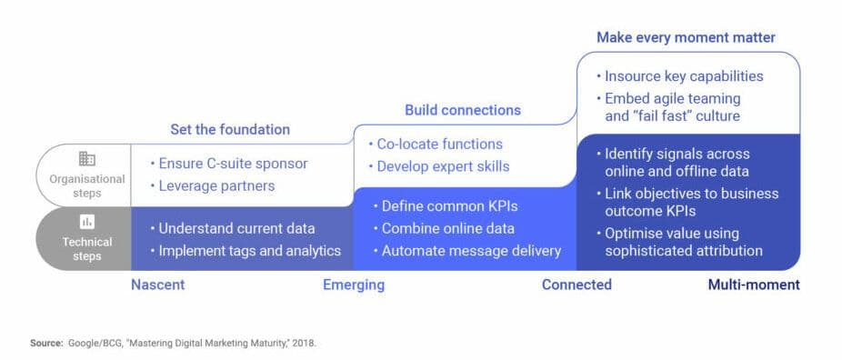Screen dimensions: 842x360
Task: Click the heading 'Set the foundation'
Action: click(x=230, y=130)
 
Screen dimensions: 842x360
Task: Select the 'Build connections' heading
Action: click(x=463, y=110)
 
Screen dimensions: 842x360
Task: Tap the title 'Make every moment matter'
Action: click(x=687, y=37)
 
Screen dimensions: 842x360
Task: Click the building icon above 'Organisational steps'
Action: click(x=87, y=159)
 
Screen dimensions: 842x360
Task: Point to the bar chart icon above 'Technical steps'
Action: click(x=87, y=221)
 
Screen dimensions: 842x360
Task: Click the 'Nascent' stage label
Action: click(x=158, y=285)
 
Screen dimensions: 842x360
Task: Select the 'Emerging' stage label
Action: click(x=354, y=285)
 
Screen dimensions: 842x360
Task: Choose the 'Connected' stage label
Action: click(x=576, y=285)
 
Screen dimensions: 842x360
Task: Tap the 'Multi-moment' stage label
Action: click(x=754, y=285)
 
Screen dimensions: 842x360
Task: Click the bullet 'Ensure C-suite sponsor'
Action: click(x=229, y=164)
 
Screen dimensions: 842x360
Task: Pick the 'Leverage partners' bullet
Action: click(x=212, y=186)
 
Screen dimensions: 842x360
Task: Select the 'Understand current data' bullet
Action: click(x=232, y=228)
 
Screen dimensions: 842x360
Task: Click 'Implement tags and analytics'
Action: click(x=246, y=251)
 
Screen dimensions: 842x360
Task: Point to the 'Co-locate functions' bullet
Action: click(x=436, y=145)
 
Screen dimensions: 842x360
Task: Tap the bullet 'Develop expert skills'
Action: click(x=438, y=166)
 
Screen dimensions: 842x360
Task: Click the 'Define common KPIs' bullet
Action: click(x=446, y=206)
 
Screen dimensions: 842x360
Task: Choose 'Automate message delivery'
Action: click(x=467, y=251)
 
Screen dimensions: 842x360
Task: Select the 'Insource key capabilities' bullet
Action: click(x=680, y=76)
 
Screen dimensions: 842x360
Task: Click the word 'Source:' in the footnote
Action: click(x=46, y=343)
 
